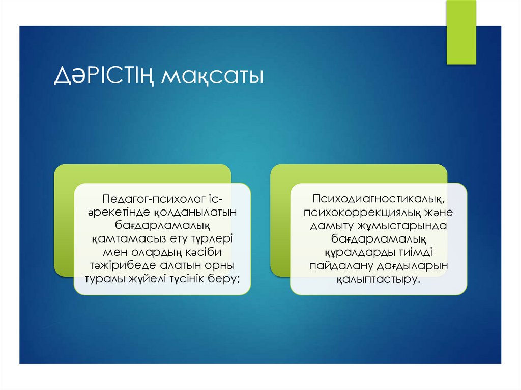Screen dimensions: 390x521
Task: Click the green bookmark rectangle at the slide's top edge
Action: tap(461, 32)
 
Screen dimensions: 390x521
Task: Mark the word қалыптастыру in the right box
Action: tap(378, 279)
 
